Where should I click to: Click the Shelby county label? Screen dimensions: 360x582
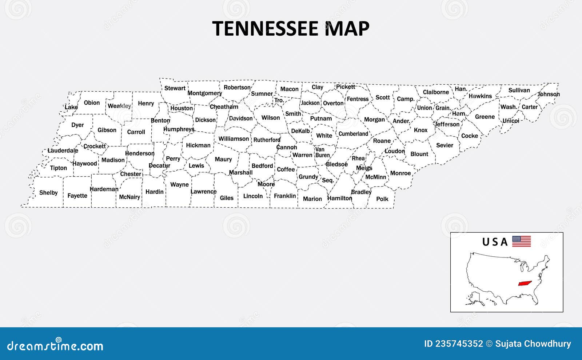(x=48, y=193)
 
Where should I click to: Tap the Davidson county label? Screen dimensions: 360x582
(x=240, y=119)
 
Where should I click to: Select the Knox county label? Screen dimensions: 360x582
(x=420, y=130)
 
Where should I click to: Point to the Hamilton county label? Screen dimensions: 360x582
(x=339, y=198)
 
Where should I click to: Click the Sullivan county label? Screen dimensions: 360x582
(x=519, y=90)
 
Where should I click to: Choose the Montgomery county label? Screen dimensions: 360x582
(x=204, y=93)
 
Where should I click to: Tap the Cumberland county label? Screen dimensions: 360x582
(x=353, y=134)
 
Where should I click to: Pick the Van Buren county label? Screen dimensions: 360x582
(x=322, y=152)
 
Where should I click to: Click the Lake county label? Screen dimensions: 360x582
(x=71, y=107)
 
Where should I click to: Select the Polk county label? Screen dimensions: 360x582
(x=382, y=199)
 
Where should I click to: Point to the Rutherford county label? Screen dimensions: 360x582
(x=267, y=140)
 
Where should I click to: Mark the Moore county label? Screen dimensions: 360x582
(x=266, y=184)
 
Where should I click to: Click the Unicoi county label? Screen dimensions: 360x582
(x=511, y=121)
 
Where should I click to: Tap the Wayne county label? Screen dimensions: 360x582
(x=179, y=185)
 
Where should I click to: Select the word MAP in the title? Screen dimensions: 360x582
(x=347, y=29)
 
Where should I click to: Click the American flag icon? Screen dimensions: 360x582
(x=521, y=241)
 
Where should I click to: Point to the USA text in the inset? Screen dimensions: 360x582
(x=495, y=242)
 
